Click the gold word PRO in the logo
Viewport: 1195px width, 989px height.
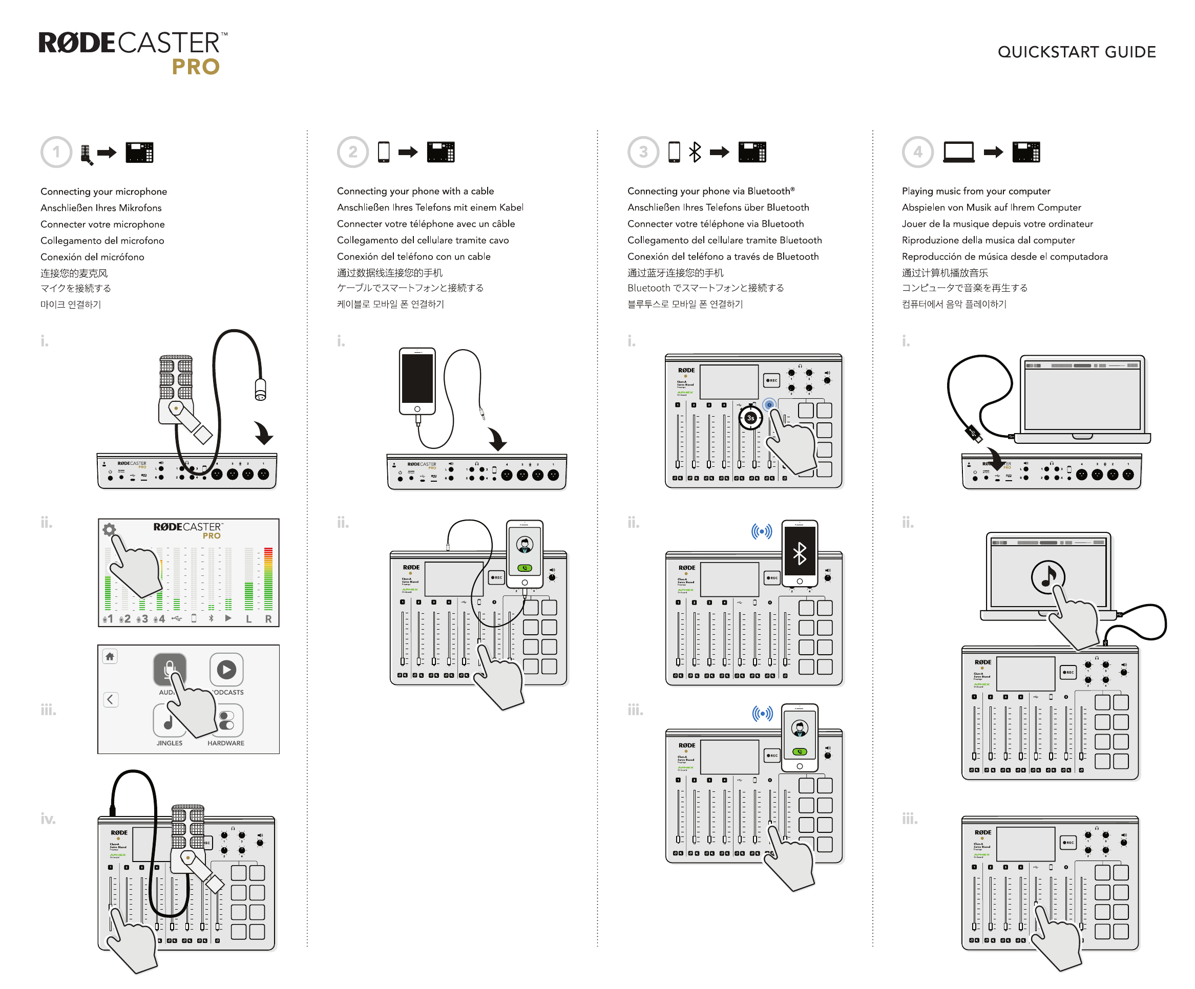[195, 67]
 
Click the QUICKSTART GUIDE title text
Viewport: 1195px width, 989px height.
[1076, 52]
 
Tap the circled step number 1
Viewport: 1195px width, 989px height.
[56, 152]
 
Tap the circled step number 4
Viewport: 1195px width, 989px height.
[917, 152]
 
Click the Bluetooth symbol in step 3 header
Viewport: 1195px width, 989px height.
[695, 152]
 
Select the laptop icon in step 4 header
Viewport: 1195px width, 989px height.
[958, 153]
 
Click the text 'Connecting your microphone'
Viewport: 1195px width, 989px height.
[103, 191]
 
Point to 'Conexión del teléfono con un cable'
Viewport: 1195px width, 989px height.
[413, 256]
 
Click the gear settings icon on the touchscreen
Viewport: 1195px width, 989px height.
[109, 529]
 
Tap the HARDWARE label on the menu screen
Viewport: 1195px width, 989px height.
[225, 743]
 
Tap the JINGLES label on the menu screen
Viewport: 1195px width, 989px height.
[170, 743]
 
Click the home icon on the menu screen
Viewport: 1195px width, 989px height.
[110, 656]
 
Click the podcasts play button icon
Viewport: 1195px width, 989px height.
[226, 670]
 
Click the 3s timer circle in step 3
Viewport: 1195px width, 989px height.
[750, 418]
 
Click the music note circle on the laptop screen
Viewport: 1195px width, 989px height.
[1047, 577]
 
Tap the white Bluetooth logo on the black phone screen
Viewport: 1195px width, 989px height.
[800, 553]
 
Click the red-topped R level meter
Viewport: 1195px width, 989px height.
[268, 579]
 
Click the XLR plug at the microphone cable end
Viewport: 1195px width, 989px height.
[260, 390]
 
